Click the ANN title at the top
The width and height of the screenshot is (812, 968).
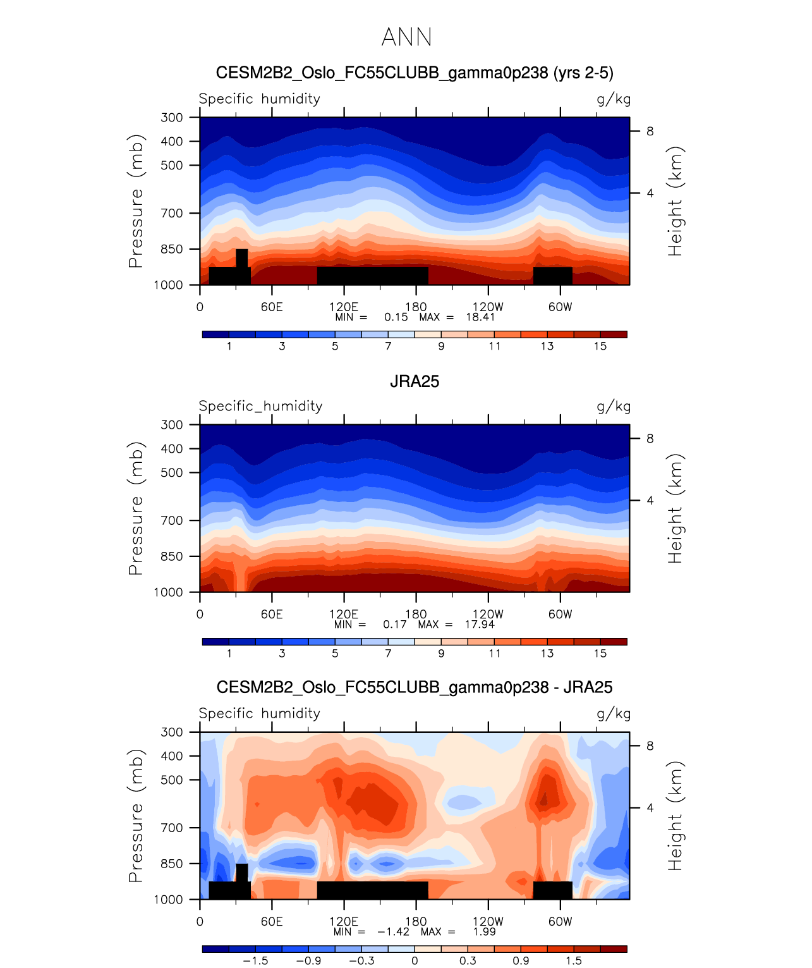[406, 37]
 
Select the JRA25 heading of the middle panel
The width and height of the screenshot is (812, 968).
[414, 381]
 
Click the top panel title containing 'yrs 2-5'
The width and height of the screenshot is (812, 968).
[414, 73]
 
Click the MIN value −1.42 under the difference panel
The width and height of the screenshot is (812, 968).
[393, 931]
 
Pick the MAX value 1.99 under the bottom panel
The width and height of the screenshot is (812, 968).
[485, 931]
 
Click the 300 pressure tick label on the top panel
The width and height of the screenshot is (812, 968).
[172, 118]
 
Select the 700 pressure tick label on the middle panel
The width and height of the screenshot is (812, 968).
[172, 520]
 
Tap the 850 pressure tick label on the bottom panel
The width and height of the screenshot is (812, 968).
[172, 864]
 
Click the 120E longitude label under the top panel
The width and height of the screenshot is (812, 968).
[344, 307]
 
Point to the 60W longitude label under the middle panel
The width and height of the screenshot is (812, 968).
[560, 615]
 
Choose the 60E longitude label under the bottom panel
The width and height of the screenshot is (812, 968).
[272, 921]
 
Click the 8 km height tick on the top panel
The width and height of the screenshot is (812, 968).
[650, 132]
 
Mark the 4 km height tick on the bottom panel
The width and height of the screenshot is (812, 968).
[650, 807]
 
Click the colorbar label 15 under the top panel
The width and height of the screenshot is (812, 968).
[600, 346]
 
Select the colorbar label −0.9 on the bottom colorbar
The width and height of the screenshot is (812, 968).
[308, 960]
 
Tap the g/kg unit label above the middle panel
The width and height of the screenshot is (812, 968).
[614, 407]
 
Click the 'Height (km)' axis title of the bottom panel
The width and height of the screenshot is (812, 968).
[676, 816]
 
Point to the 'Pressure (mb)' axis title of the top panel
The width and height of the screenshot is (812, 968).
[136, 201]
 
